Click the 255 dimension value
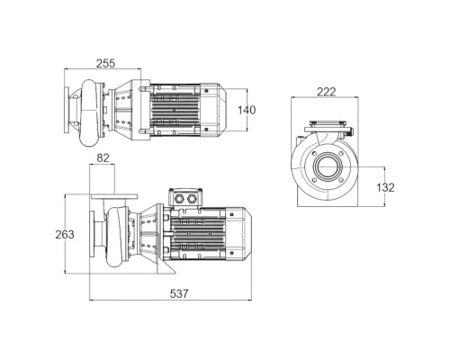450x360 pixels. [x=105, y=63]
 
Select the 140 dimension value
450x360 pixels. [x=247, y=110]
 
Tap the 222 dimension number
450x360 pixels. [x=327, y=92]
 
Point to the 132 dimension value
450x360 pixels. [x=385, y=187]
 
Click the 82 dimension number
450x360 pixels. [x=103, y=157]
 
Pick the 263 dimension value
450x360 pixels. [x=65, y=234]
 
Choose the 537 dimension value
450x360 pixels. [x=179, y=293]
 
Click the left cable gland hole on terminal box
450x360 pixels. [x=180, y=199]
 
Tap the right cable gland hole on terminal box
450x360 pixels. [x=191, y=199]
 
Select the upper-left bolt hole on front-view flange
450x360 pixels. [x=314, y=154]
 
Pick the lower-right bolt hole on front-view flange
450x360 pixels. [x=341, y=180]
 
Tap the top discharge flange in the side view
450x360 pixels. [x=114, y=197]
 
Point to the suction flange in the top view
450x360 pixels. [x=67, y=110]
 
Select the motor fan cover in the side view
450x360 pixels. [x=238, y=233]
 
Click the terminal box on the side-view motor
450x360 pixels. [x=185, y=197]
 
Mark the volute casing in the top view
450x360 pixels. [x=90, y=113]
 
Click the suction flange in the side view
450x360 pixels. [x=92, y=233]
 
